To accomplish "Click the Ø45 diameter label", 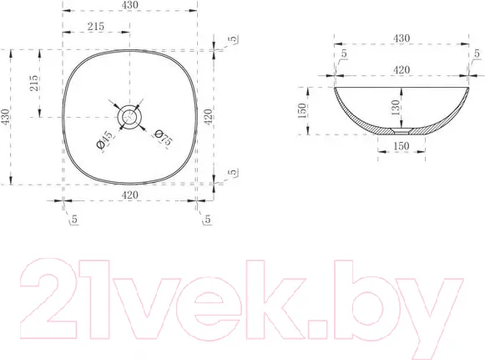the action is click(104, 139).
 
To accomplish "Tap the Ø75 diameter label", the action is click(163, 138).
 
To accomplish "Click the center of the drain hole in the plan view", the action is click(129, 117).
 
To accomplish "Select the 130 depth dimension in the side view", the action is click(396, 108).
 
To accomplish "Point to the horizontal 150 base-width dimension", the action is click(402, 146).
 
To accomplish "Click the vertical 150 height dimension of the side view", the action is click(302, 111).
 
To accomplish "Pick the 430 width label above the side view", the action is click(402, 38).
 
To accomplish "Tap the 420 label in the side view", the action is click(402, 69).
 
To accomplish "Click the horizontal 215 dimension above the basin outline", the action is click(95, 27).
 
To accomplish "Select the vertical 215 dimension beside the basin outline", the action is click(34, 83).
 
